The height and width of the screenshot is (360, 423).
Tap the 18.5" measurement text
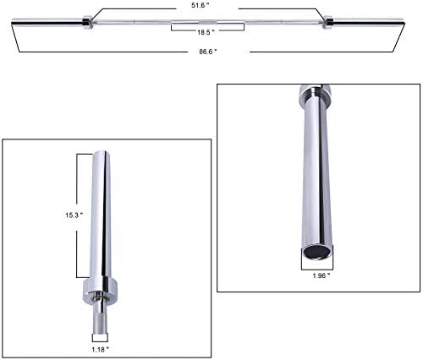206,32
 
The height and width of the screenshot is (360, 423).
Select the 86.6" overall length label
208,52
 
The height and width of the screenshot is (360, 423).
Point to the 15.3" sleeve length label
74,215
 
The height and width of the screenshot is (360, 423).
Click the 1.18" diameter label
100,350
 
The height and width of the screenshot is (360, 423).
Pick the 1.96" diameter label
321,275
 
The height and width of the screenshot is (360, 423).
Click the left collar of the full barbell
86,22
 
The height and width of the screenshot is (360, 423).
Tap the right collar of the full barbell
328,22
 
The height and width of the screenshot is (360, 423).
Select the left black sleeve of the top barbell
47,21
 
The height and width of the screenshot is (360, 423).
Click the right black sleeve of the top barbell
369,21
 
